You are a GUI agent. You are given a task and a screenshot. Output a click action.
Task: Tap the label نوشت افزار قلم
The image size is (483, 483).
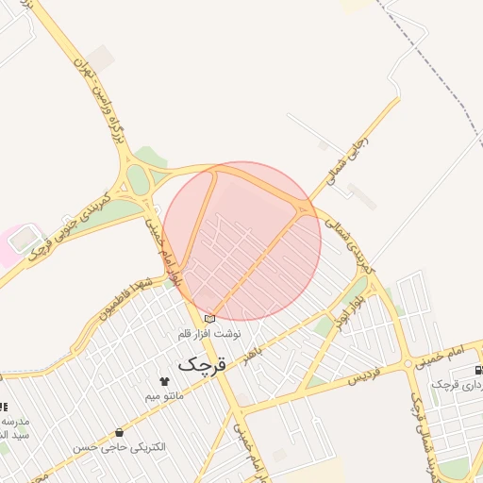pyautogui.click(x=209, y=334)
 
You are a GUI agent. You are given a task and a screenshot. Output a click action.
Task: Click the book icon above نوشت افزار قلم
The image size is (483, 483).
pyautogui.click(x=209, y=319)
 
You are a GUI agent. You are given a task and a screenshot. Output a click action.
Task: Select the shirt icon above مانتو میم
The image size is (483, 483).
pyautogui.click(x=165, y=381)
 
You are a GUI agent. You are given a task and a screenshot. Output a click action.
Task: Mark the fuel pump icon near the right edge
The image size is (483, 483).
pyautogui.click(x=478, y=369)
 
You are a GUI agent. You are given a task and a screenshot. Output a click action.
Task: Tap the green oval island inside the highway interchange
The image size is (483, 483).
pyautogui.click(x=138, y=178)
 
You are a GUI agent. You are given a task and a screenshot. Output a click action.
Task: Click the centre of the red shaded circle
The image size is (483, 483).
pyautogui.click(x=242, y=241)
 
